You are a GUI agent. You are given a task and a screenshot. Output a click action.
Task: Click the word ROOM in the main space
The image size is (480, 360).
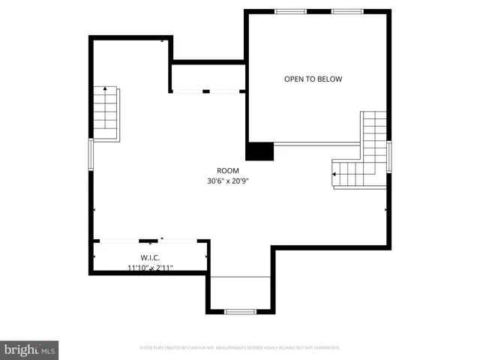tap(228, 170)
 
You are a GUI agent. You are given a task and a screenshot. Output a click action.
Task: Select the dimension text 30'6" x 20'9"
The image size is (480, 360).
tap(228, 181)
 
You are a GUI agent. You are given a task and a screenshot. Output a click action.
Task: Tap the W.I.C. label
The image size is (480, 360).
tap(151, 257)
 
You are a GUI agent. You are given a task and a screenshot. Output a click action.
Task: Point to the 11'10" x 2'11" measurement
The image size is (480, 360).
tap(151, 267)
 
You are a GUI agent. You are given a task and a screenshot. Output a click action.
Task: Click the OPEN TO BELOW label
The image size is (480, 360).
tap(313, 79)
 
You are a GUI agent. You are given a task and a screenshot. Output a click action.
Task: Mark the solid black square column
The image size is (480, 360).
tap(260, 151)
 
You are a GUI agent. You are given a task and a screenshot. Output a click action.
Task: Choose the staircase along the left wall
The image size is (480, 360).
tap(106, 113)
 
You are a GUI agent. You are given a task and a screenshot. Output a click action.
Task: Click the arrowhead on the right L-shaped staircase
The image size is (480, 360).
tap(333, 174)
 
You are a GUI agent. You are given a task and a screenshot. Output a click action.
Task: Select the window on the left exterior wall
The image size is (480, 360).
tap(91, 154)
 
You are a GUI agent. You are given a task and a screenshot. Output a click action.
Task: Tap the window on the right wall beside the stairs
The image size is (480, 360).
tap(388, 156)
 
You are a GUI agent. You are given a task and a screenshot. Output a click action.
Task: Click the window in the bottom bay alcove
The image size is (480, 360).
tap(240, 311)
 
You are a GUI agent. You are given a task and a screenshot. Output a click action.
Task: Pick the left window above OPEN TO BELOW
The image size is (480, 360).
tap(290, 11)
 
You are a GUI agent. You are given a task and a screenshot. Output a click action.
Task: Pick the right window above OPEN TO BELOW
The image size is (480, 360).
tap(348, 11)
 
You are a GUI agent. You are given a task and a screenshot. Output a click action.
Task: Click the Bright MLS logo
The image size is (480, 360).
tap(29, 349)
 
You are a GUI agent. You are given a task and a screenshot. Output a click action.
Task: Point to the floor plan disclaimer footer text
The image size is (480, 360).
tap(240, 348)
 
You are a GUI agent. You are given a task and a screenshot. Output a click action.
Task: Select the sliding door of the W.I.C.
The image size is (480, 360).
tap(151, 241)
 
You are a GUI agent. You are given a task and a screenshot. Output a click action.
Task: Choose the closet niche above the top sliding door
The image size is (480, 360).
tap(208, 76)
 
